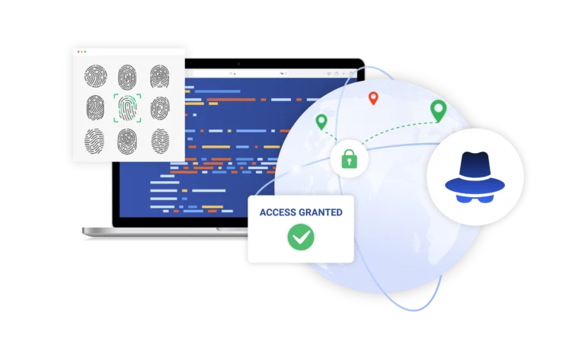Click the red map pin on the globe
(373, 97)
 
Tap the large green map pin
(439, 110)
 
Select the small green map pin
(321, 122)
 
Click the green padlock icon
(349, 159)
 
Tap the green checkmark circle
(301, 237)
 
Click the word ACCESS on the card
(278, 212)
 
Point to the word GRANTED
(321, 212)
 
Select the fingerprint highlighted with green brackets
(127, 108)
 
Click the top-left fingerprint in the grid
(95, 76)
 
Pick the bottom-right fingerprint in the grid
(160, 142)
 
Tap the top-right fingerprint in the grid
(160, 76)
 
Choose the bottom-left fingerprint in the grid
(94, 142)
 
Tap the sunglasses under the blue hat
(475, 199)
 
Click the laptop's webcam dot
(238, 64)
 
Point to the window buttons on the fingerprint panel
(82, 52)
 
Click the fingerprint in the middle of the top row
(127, 77)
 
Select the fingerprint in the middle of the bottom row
(127, 142)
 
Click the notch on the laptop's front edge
(232, 229)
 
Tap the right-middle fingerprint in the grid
(160, 108)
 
